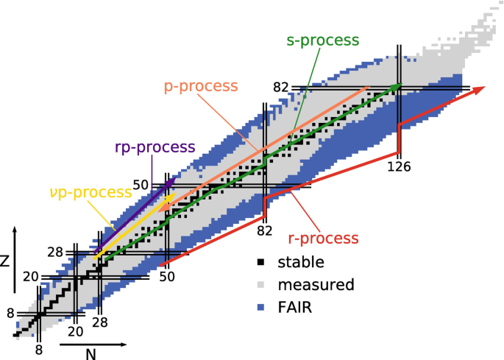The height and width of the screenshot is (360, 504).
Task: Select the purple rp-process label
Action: coord(155,146)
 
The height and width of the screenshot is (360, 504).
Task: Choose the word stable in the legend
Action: coord(301,261)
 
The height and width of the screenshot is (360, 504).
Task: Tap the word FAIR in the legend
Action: coord(294,308)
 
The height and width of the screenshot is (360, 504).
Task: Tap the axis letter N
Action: coord(90,353)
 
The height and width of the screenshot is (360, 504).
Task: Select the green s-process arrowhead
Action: coord(398,86)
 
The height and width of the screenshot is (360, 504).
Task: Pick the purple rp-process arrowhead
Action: coord(173,179)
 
